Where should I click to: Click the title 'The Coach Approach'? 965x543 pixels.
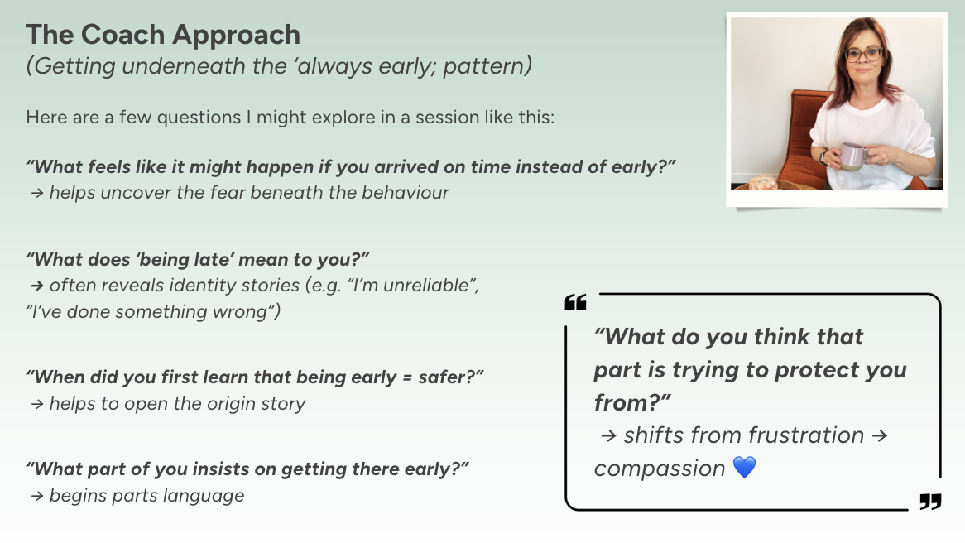(x=163, y=35)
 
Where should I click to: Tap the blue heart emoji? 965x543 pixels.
(x=745, y=468)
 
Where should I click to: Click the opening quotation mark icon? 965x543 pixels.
(x=575, y=303)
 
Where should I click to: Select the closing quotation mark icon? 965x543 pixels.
(x=930, y=502)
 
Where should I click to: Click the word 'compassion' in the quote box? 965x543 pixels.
(x=660, y=469)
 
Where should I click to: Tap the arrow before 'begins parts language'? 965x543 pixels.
(x=36, y=497)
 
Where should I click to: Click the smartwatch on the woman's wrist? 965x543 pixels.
(x=823, y=156)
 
